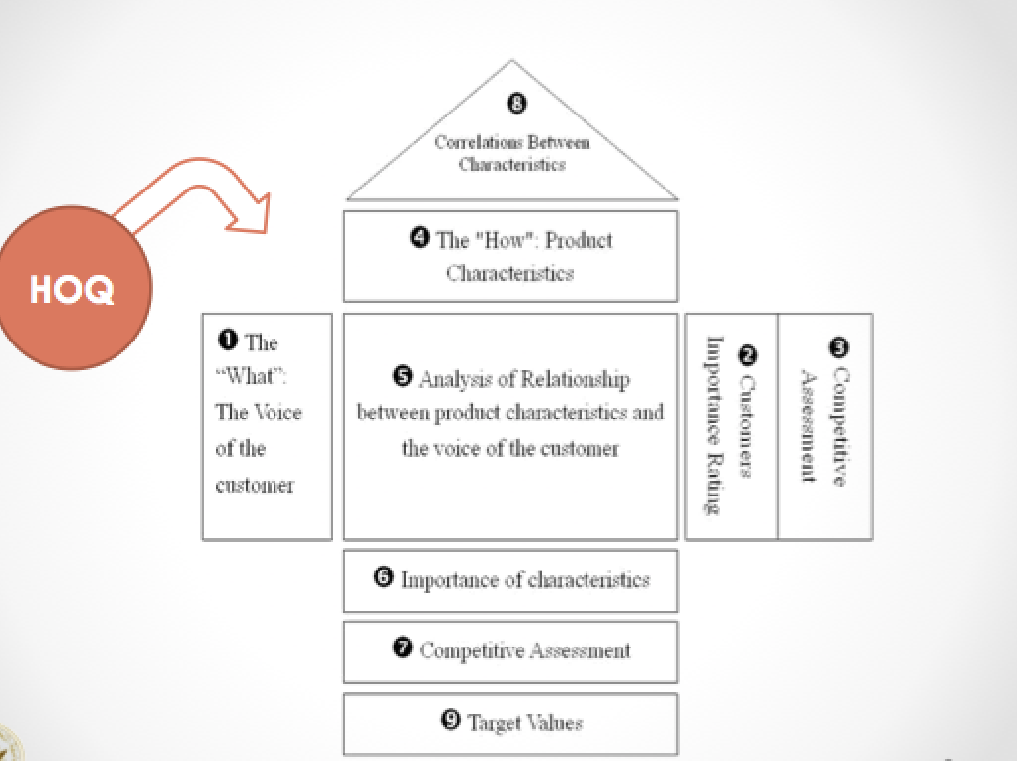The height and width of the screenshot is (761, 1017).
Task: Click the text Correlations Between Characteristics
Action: (511, 153)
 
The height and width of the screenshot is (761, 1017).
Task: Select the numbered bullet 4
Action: (420, 239)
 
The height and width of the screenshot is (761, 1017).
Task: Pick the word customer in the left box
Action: (255, 485)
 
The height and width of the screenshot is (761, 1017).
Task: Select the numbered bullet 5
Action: (402, 376)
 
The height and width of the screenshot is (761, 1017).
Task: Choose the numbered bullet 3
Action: (839, 346)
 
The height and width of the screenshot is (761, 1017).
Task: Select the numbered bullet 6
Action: (384, 577)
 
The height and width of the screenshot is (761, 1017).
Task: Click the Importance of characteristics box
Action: (510, 580)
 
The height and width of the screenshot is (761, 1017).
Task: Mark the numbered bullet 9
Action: (451, 721)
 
